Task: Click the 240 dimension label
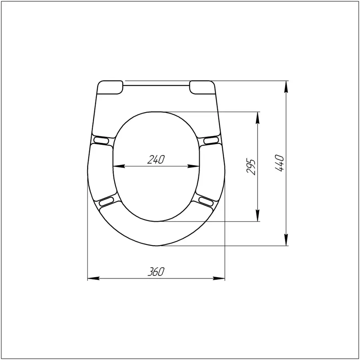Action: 156,159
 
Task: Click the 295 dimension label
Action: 251,166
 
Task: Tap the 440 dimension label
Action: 280,163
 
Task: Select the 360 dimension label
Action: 156,272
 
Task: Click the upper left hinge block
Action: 110,87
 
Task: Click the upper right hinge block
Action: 202,87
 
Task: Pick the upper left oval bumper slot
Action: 101,140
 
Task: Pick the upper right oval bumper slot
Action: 211,140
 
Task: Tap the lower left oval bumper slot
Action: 106,201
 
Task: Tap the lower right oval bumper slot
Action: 206,201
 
